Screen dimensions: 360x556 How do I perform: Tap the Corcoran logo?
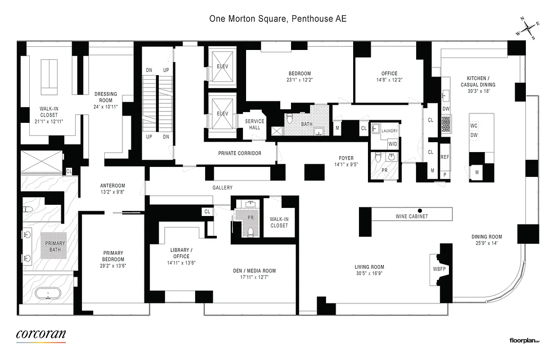click(41, 334)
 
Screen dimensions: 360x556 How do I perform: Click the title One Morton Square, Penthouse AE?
click(278, 19)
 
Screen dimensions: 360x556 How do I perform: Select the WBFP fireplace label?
click(439, 269)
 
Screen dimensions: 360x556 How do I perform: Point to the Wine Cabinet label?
click(412, 216)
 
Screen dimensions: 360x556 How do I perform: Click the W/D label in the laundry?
click(393, 144)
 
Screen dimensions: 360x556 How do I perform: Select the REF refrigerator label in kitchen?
click(444, 157)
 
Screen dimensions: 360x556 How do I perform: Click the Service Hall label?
click(255, 124)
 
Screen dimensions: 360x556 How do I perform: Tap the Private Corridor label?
click(239, 153)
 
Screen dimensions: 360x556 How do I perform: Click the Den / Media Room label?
click(254, 271)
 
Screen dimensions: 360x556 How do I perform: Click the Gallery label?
click(223, 188)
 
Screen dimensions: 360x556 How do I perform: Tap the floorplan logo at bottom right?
click(524, 341)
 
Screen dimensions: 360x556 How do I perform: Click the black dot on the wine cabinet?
click(420, 210)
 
